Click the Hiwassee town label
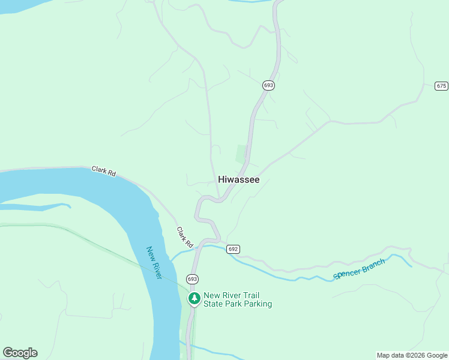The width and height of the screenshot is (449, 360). pyautogui.click(x=239, y=179)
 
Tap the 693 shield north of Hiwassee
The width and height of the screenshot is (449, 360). pyautogui.click(x=268, y=85)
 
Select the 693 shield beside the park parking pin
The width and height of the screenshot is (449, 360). pyautogui.click(x=192, y=279)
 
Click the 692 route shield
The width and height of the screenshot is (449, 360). pyautogui.click(x=233, y=249)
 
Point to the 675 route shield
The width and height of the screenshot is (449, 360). pyautogui.click(x=441, y=86)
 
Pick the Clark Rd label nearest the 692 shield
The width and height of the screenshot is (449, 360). pyautogui.click(x=185, y=238)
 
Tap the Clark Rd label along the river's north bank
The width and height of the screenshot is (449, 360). pyautogui.click(x=104, y=171)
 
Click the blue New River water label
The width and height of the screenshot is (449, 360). pyautogui.click(x=154, y=262)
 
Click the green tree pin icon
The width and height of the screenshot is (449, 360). pyautogui.click(x=194, y=298)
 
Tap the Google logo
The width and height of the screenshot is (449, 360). pyautogui.click(x=20, y=353)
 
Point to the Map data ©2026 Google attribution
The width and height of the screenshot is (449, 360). pyautogui.click(x=412, y=355)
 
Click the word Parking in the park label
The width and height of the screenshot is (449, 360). pyautogui.click(x=254, y=304)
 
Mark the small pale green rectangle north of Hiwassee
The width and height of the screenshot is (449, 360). pyautogui.click(x=241, y=154)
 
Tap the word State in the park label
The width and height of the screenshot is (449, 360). pyautogui.click(x=215, y=304)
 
